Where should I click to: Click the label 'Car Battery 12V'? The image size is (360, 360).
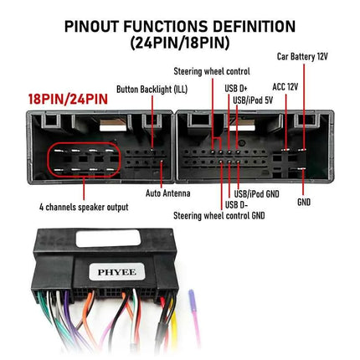click(x=302, y=57)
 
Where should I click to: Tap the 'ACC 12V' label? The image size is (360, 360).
click(x=285, y=87)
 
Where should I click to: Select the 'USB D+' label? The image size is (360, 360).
click(x=236, y=89)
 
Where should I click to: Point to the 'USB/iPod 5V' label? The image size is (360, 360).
click(x=253, y=100)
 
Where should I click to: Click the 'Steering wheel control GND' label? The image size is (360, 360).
click(x=219, y=216)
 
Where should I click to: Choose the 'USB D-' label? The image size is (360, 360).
click(x=236, y=204)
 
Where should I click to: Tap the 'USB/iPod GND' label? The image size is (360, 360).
click(x=256, y=193)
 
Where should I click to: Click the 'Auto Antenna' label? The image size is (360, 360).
click(x=168, y=193)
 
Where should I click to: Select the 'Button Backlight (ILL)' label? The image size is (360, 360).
click(x=152, y=90)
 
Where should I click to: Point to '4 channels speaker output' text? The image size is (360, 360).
click(x=84, y=207)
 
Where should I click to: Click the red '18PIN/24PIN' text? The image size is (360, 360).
click(x=68, y=99)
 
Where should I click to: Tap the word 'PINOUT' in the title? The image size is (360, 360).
click(x=92, y=27)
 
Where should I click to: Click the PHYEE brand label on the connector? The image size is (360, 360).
click(x=117, y=272)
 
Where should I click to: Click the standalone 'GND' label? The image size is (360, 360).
click(x=304, y=202)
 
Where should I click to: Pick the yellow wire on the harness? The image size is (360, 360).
click(x=174, y=321)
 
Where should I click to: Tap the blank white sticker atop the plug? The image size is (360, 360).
click(x=108, y=239)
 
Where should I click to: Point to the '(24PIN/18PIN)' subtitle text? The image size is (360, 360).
click(x=180, y=43)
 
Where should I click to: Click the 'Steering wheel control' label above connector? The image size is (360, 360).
click(x=212, y=71)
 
